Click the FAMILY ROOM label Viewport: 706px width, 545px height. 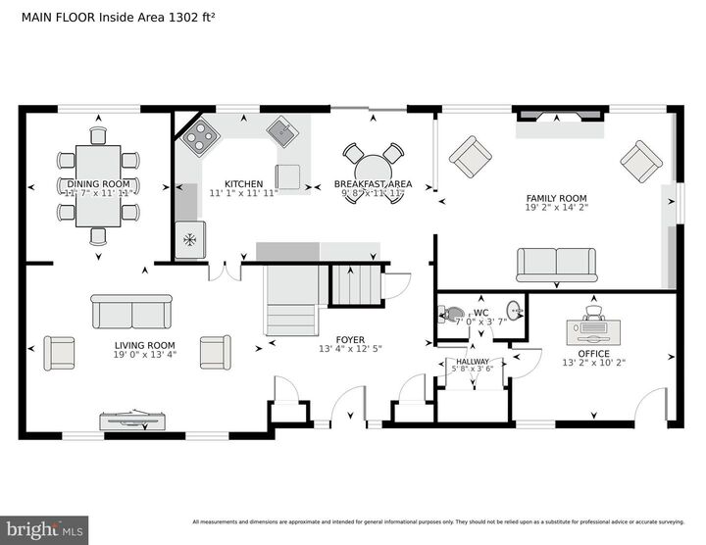(x=556, y=196)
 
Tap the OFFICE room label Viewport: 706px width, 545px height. (x=593, y=354)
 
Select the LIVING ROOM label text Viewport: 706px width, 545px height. (x=145, y=345)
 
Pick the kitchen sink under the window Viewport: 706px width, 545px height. (x=283, y=131)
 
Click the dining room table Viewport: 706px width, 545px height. (x=98, y=185)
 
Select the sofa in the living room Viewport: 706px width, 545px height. (x=131, y=313)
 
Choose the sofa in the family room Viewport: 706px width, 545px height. (x=556, y=265)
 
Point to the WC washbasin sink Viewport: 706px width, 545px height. (x=515, y=314)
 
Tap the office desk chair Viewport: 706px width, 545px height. (x=593, y=313)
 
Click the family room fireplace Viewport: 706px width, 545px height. (x=561, y=117)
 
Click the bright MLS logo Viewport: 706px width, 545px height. (x=44, y=529)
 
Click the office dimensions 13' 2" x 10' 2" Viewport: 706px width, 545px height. (x=593, y=364)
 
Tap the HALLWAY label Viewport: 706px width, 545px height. (x=475, y=362)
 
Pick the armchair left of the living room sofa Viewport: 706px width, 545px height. (x=60, y=352)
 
